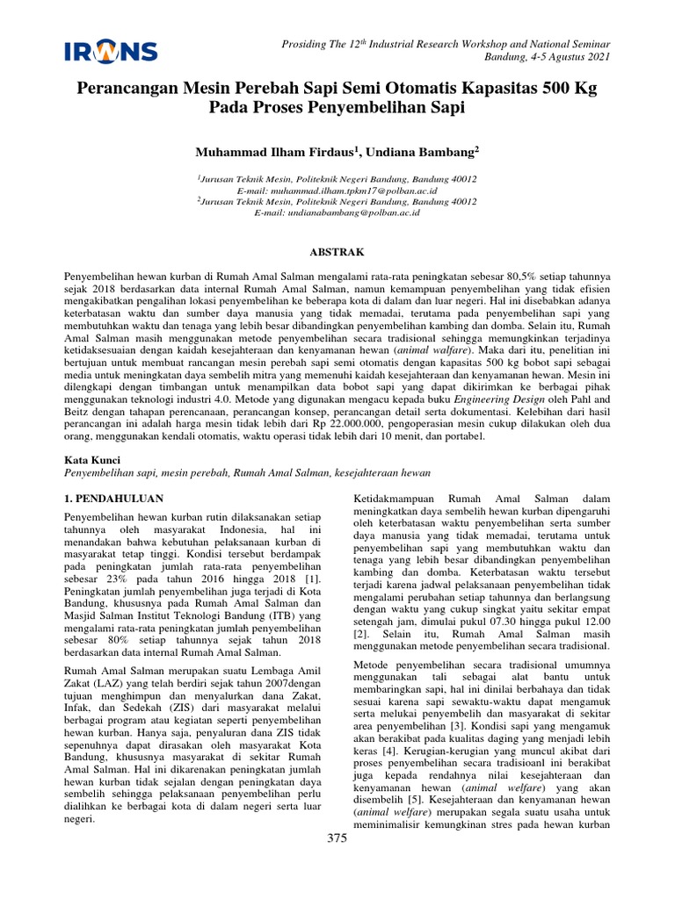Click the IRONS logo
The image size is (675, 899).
coord(111,51)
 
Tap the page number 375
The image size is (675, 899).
coord(337,838)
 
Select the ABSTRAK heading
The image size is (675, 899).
coord(337,252)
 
